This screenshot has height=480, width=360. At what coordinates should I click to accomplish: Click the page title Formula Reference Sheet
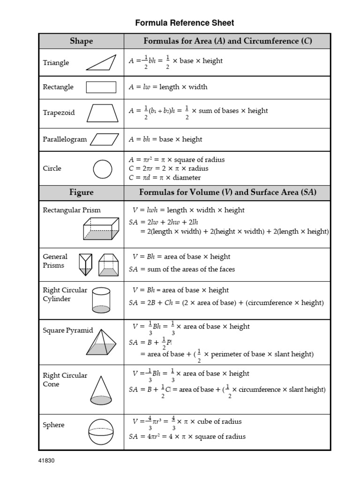click(x=184, y=22)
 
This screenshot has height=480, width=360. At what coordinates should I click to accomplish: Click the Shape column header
click(x=81, y=41)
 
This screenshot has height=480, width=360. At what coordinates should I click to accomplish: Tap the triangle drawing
click(x=101, y=62)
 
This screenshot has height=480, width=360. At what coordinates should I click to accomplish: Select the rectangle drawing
click(x=101, y=87)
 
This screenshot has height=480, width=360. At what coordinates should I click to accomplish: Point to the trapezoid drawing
click(x=102, y=112)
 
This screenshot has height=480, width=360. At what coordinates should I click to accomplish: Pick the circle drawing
click(x=103, y=169)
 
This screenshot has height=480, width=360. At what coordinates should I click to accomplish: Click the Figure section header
click(x=81, y=193)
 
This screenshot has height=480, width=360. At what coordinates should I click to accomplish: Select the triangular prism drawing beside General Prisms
click(x=86, y=265)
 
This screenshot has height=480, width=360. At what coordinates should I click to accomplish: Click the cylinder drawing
click(x=101, y=300)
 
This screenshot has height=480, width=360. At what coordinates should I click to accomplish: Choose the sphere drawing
click(x=101, y=431)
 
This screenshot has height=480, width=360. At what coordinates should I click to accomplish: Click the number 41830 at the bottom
click(x=46, y=460)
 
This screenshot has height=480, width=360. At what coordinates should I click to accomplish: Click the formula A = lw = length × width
click(x=168, y=87)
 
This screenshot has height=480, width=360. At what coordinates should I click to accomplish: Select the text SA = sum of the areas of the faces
click(x=182, y=269)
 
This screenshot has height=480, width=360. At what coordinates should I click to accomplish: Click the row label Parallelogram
click(x=65, y=139)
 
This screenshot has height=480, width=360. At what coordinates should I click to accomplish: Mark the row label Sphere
click(x=53, y=425)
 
